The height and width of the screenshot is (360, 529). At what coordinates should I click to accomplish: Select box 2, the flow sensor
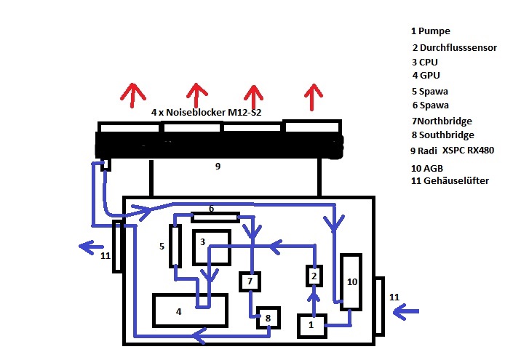314,276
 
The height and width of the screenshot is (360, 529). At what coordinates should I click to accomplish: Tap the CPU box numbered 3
211,247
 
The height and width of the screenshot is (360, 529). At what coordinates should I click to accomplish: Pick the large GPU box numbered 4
189,311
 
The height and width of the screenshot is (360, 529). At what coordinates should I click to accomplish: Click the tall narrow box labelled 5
175,246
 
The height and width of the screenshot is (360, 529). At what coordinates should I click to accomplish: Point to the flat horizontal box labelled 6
215,217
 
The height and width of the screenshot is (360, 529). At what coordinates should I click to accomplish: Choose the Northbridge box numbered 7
250,281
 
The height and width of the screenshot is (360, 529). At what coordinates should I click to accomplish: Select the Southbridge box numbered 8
268,318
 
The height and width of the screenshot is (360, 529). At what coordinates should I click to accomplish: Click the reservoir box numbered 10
351,281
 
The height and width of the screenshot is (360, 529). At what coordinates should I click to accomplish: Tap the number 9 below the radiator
217,167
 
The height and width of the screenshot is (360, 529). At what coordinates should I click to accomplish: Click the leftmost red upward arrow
132,95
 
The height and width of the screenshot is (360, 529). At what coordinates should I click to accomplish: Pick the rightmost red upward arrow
314,95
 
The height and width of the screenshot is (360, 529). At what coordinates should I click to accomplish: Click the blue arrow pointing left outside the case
92,246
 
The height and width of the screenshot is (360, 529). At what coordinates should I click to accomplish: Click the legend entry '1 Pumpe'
431,31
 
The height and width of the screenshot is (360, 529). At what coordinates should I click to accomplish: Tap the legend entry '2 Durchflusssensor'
454,48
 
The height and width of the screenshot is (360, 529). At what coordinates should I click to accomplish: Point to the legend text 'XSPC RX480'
462,151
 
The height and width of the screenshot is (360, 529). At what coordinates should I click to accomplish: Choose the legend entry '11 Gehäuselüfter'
450,180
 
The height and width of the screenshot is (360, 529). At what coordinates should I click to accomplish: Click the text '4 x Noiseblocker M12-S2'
207,113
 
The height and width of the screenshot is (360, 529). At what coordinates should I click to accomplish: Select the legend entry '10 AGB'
428,167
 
